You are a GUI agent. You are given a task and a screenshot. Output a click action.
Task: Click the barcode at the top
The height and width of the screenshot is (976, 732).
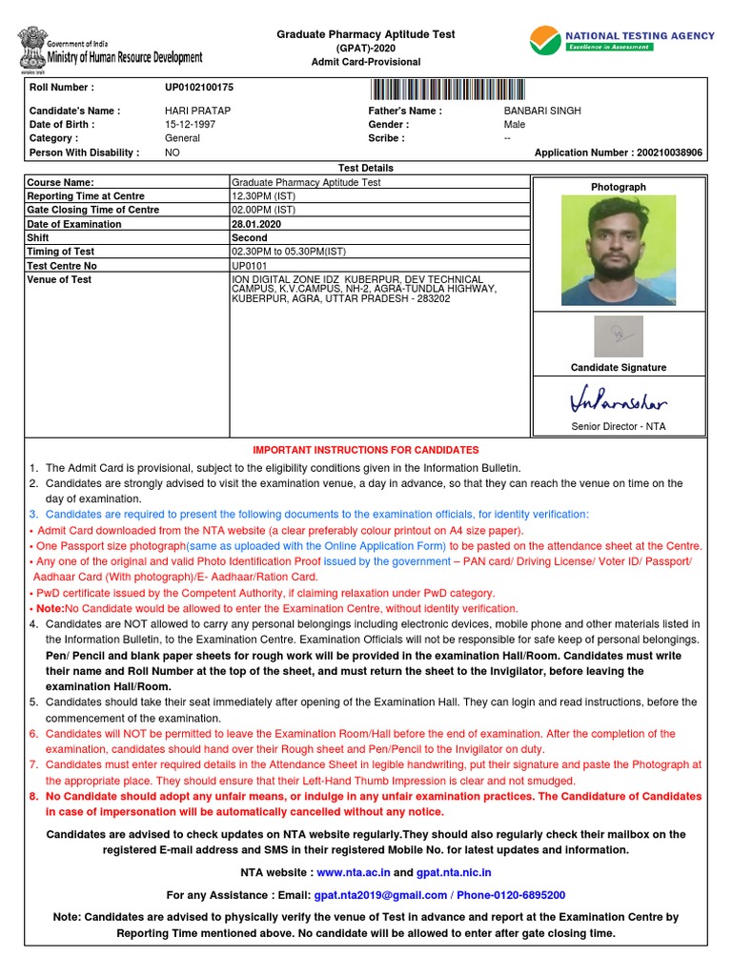443,90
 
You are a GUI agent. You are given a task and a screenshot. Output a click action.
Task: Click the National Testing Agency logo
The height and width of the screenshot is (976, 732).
621,41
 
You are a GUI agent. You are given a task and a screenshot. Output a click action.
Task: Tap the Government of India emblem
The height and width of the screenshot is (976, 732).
30,49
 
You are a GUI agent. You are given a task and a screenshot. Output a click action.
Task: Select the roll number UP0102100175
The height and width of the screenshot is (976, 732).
199,88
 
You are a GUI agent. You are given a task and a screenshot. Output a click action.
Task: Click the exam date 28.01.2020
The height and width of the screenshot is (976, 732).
255,224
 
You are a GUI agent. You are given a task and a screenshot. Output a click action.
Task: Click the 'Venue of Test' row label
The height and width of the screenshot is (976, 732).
59,280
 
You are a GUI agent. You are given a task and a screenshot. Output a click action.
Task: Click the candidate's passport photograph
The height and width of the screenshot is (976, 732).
619,250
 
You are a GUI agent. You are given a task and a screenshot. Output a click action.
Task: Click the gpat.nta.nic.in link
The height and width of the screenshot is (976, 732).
455,872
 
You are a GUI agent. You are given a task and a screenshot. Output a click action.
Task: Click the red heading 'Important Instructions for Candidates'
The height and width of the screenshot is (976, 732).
366,450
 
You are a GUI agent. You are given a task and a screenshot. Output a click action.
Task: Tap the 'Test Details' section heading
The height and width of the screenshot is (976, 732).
366,168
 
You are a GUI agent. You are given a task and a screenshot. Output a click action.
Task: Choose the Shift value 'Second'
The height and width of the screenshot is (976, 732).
250,238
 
